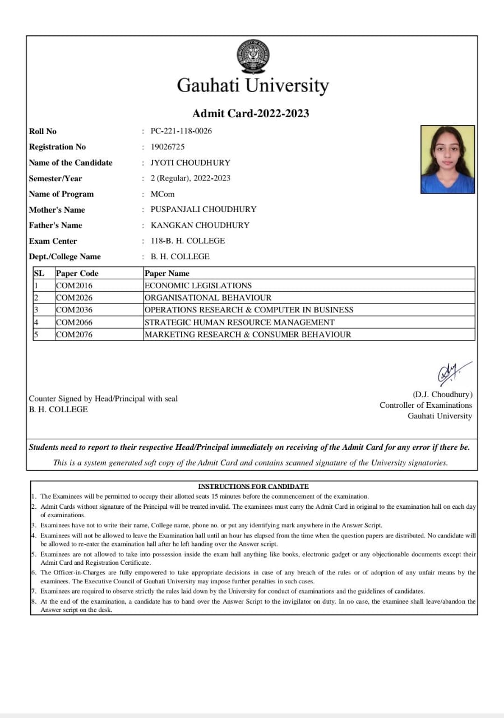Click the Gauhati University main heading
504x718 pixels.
click(x=253, y=86)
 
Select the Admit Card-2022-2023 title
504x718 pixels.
click(x=251, y=113)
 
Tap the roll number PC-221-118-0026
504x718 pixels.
click(x=181, y=131)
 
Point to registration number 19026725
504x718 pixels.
click(x=168, y=147)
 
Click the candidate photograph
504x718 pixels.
click(x=447, y=159)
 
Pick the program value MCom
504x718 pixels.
click(x=163, y=194)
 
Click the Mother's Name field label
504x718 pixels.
click(x=57, y=210)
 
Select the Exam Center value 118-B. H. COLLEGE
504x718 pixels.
click(x=188, y=241)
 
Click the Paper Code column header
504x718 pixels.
click(x=77, y=273)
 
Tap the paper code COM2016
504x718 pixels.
click(x=74, y=286)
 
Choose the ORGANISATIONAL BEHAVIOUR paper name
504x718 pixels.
click(x=208, y=298)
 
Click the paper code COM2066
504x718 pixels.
click(x=74, y=323)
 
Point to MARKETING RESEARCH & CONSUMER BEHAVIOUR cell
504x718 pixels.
click(x=248, y=334)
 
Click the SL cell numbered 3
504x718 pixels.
click(x=36, y=310)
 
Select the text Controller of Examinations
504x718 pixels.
click(x=426, y=405)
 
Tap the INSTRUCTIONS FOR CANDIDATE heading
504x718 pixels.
click(x=253, y=486)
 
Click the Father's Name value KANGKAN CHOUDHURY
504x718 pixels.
click(x=200, y=225)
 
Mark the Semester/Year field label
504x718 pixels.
click(x=56, y=178)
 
